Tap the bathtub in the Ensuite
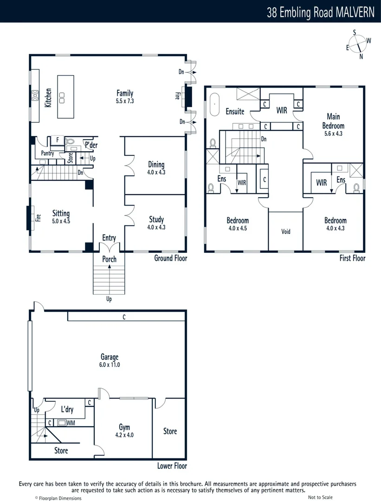click(214, 105)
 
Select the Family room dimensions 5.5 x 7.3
click(125, 101)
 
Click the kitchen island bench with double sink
click(66, 96)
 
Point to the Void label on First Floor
click(286, 231)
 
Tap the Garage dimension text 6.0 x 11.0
click(110, 365)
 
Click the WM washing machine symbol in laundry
click(61, 423)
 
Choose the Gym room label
click(124, 427)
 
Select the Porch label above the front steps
click(109, 259)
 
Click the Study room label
click(156, 219)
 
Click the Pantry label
click(47, 154)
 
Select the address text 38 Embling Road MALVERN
click(320, 12)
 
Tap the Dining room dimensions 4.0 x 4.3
click(156, 172)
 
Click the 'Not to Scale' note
click(320, 497)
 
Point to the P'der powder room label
click(90, 145)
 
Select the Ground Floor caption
click(170, 258)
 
